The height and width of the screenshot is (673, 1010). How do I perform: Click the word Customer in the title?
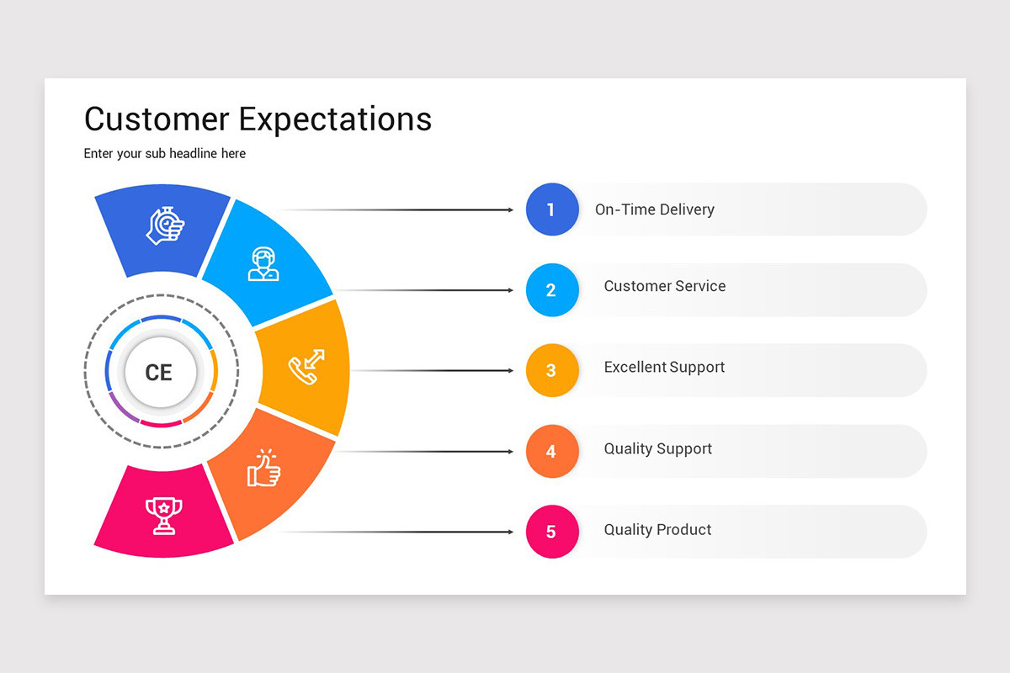pos(157,119)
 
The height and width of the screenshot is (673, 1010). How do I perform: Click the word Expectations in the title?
pos(335,120)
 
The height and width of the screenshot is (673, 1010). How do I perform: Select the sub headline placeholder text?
pos(165,154)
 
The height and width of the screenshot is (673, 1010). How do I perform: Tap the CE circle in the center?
pos(159,372)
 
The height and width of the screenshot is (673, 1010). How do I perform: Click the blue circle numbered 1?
pos(551,209)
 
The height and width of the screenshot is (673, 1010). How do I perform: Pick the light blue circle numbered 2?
pos(551,290)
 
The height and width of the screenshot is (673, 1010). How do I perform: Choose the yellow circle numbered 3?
pos(551,370)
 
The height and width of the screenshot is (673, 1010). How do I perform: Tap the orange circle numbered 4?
pos(551,452)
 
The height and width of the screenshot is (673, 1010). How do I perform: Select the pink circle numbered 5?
pos(551,532)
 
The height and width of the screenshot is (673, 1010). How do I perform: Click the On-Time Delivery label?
pos(654,209)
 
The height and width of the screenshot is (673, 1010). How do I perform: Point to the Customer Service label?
pos(664,286)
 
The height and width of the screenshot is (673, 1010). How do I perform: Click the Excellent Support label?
pos(664,368)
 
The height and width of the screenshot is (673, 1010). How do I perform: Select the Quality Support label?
pos(657,449)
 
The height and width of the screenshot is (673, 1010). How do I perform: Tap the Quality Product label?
pos(657,530)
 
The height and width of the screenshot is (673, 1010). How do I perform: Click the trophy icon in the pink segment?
pos(163,515)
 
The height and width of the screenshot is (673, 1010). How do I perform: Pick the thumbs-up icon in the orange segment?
pos(263,468)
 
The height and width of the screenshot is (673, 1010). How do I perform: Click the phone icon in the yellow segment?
pos(306,368)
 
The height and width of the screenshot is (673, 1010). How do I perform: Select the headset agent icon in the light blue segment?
pos(263,263)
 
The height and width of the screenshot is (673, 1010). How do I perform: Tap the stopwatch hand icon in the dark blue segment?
pos(166,225)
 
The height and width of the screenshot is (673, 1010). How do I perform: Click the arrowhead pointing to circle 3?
pos(510,371)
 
